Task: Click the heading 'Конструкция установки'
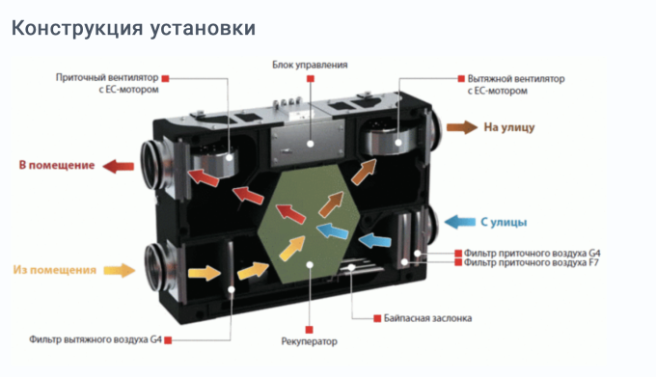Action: (133, 29)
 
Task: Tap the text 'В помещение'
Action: (57, 165)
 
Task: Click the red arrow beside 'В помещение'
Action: (119, 165)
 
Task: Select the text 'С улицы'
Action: (502, 222)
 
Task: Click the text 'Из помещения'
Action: (55, 270)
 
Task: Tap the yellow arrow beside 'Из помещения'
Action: (118, 270)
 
